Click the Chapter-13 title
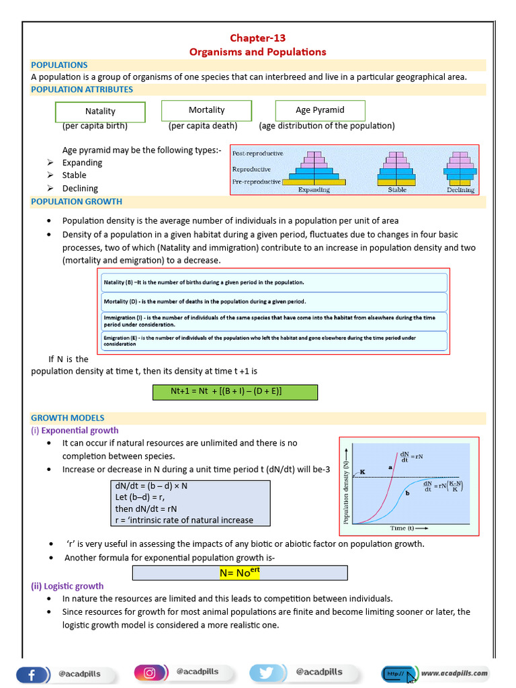click(x=257, y=38)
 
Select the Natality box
click(x=100, y=112)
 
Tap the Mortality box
click(x=206, y=110)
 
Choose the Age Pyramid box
click(x=320, y=110)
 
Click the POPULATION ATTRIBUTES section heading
click(x=82, y=89)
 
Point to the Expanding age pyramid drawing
click(x=314, y=169)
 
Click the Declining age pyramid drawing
click(x=460, y=169)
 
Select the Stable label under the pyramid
click(x=397, y=190)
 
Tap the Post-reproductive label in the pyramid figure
click(x=257, y=154)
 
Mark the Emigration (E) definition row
click(x=273, y=341)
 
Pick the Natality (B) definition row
click(x=273, y=282)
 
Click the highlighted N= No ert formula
click(x=240, y=572)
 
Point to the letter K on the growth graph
click(x=362, y=472)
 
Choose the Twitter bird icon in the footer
click(x=268, y=673)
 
